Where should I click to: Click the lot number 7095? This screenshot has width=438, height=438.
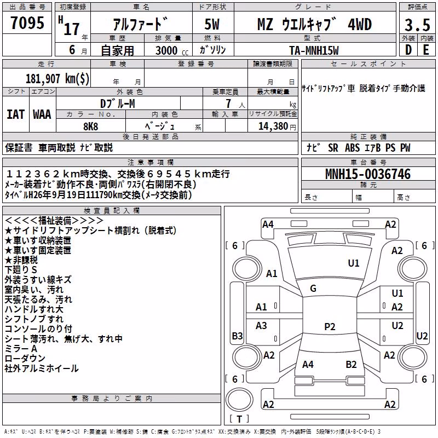coord(27,22)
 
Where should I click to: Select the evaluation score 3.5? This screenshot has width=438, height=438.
coord(417,25)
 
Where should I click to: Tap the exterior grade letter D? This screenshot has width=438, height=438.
coord(408,50)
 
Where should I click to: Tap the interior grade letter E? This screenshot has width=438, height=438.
coord(426,50)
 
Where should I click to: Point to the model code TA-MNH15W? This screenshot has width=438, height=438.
coord(314,50)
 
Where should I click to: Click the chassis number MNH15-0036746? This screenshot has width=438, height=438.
coord(368,174)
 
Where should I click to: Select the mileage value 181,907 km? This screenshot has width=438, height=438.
coord(57,78)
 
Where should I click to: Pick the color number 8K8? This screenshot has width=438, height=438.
coord(91,126)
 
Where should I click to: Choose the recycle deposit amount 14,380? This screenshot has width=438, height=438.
coord(273,126)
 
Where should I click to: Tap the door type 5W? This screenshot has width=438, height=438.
coord(212,24)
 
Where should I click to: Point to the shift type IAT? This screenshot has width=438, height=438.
coord(15,114)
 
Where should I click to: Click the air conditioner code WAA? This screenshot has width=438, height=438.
coord(42,114)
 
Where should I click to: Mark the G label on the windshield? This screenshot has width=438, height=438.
coord(313,289)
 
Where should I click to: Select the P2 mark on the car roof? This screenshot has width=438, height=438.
coord(330,326)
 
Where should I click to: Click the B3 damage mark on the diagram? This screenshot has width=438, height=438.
coord(238,336)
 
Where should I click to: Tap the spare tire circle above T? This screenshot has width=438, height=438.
coord(239,400)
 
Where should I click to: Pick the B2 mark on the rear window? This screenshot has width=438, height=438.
coord(351,365)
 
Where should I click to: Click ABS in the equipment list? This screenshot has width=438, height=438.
coord(352,148)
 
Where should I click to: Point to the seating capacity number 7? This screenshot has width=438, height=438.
coord(228,103)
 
